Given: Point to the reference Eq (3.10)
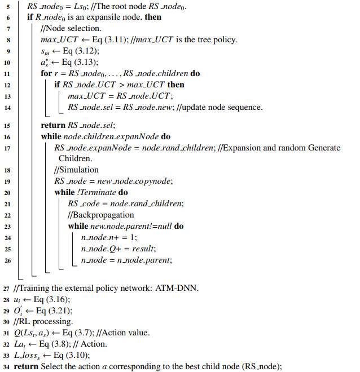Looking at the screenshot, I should (69, 355).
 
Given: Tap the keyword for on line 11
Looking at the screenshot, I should (46, 74).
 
